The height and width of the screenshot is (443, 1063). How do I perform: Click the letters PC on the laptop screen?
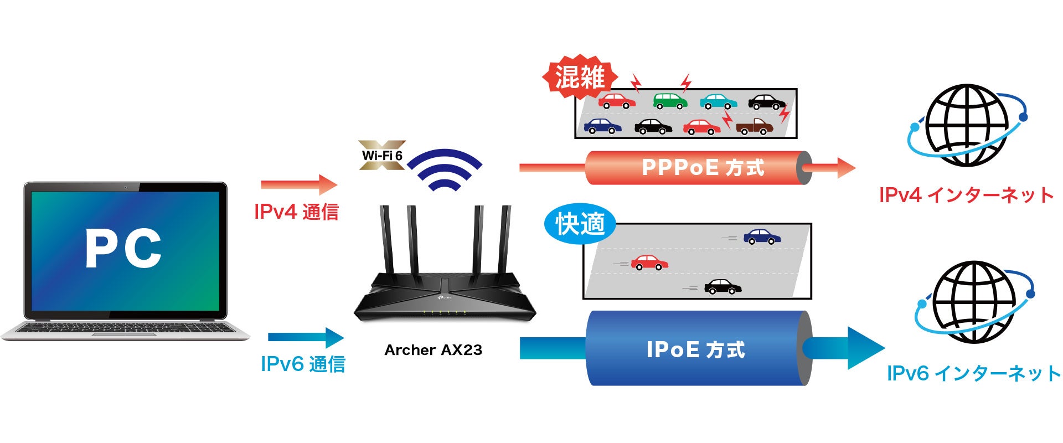tap(123, 249)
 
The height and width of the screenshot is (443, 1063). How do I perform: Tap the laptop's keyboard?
tap(125, 328)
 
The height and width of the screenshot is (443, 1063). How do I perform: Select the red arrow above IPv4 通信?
tap(299, 184)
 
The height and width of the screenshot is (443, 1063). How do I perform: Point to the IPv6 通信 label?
tap(303, 364)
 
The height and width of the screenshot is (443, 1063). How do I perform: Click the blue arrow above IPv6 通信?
tap(306, 337)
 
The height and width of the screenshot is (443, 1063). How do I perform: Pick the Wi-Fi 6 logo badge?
tap(382, 155)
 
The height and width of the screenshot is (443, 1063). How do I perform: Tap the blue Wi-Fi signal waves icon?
tap(448, 168)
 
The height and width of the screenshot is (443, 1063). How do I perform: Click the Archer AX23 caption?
tap(433, 350)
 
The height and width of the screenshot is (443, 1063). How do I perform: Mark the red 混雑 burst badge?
tap(579, 77)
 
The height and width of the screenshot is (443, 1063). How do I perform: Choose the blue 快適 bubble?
tap(579, 224)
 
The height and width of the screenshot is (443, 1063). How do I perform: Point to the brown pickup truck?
tap(754, 127)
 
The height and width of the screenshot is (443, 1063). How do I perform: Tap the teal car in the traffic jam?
tap(718, 101)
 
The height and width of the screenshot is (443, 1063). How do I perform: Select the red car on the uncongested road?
tap(649, 262)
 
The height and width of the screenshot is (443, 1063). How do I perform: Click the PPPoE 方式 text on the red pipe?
tap(703, 167)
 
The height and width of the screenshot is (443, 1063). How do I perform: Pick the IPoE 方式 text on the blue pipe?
tap(695, 350)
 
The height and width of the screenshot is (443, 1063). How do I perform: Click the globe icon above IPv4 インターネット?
tap(967, 125)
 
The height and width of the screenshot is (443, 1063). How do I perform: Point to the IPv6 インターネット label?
tap(973, 373)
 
